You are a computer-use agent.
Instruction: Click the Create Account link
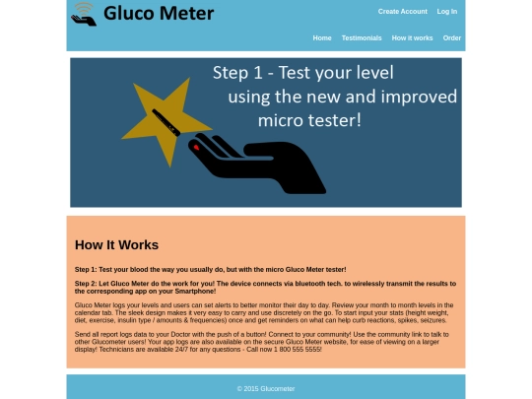(403, 12)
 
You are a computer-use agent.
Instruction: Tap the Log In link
(447, 12)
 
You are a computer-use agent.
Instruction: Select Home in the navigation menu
(322, 38)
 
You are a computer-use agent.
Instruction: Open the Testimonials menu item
(362, 38)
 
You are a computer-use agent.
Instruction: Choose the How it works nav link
(412, 38)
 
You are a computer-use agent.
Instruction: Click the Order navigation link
(452, 38)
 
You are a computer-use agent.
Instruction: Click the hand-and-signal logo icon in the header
(84, 15)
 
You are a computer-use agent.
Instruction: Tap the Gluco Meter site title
(159, 14)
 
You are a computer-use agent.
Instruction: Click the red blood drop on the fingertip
(196, 147)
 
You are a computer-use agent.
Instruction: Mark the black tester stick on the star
(166, 122)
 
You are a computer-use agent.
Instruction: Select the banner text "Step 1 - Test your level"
(303, 73)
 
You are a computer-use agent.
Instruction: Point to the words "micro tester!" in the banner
(309, 121)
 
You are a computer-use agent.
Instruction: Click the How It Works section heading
(116, 245)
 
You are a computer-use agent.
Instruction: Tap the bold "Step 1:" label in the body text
(86, 269)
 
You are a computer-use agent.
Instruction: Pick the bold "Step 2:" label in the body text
(86, 284)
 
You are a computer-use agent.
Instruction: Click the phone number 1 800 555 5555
(298, 349)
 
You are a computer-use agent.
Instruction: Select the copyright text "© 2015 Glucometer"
(266, 389)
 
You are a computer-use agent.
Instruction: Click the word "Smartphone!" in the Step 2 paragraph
(195, 291)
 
